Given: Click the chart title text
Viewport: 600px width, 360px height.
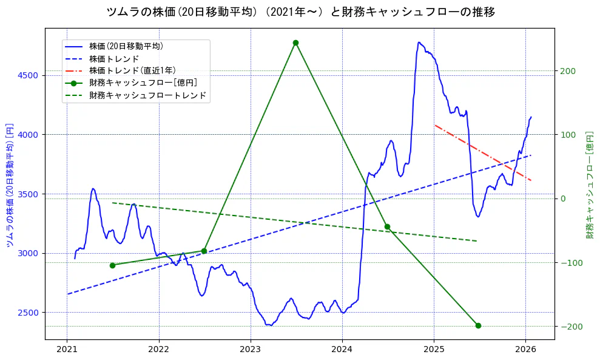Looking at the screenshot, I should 300,12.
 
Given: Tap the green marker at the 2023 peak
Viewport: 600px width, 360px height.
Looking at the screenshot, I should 295,42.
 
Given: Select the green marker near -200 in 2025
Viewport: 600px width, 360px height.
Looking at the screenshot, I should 478,325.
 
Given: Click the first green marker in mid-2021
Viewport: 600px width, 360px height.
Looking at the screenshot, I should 112,265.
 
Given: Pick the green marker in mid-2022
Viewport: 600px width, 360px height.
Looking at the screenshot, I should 204,251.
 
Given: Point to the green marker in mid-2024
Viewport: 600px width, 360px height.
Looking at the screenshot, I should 387,226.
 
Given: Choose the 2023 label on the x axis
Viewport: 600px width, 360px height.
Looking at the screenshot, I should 250,349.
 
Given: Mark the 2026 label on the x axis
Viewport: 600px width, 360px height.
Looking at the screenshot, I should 525,349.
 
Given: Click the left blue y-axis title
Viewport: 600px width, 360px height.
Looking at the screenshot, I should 10,186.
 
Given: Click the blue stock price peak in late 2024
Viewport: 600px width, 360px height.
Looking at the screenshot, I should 419,42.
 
